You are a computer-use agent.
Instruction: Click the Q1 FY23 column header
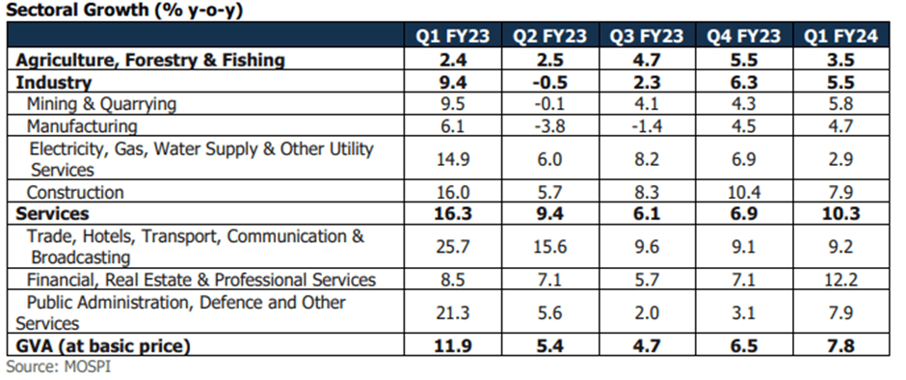click(x=453, y=37)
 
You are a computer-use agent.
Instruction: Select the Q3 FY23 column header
click(x=647, y=37)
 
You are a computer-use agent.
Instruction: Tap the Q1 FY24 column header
click(x=840, y=37)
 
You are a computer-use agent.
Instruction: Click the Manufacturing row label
click(x=82, y=125)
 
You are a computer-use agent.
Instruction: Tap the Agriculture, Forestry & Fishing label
click(x=149, y=60)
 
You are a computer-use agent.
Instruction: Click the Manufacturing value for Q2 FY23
click(x=549, y=125)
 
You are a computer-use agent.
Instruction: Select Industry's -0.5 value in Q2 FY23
click(x=549, y=83)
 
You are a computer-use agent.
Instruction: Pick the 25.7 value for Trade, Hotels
click(x=453, y=247)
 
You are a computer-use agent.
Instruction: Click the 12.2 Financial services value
click(x=840, y=281)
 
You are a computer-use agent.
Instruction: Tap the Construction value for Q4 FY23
click(x=743, y=193)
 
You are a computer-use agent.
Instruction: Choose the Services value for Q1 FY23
click(x=453, y=214)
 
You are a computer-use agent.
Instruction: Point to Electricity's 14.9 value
click(x=453, y=159)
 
